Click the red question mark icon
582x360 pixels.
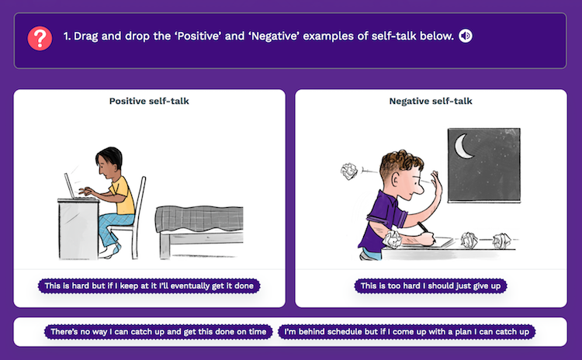40,38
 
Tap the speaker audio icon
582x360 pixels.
466,36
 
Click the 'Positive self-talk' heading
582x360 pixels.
149,101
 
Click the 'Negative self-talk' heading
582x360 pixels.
431,101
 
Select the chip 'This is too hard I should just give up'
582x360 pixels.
431,286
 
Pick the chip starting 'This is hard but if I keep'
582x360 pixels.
149,286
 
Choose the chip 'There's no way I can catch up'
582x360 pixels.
158,332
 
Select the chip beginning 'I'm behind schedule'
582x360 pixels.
407,332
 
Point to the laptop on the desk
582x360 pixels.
74,187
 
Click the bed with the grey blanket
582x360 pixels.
199,231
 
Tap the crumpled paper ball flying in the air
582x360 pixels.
349,171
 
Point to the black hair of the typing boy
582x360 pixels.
109,157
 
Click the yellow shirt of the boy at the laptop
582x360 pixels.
123,196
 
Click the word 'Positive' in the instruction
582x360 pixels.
199,36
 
